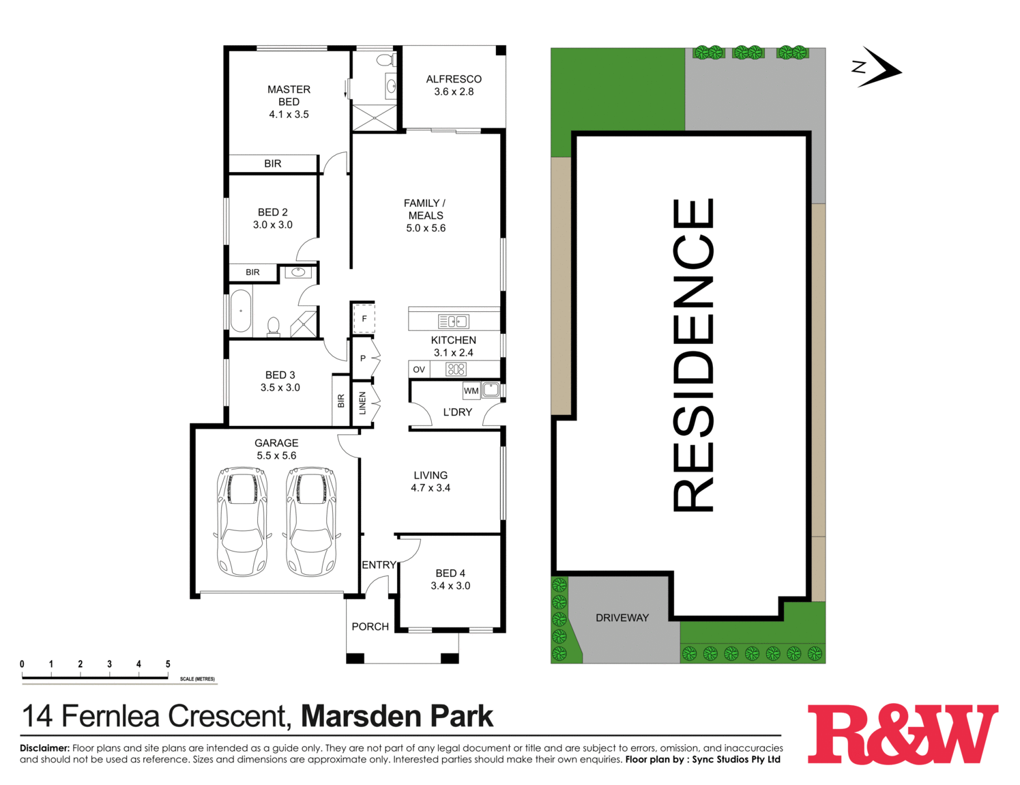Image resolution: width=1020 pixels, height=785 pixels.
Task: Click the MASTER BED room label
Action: click(289, 102)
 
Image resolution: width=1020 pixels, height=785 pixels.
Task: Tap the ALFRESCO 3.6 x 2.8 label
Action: click(454, 85)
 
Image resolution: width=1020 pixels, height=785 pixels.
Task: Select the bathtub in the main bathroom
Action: click(240, 311)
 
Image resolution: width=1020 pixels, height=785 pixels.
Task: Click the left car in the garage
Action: click(242, 521)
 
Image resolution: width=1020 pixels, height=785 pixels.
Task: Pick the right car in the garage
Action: click(311, 521)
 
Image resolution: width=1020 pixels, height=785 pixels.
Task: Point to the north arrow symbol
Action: click(879, 68)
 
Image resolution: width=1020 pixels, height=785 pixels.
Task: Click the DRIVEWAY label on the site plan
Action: click(622, 618)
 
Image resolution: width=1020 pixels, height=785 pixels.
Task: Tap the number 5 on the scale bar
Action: click(168, 664)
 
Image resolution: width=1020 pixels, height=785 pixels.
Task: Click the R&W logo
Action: click(902, 734)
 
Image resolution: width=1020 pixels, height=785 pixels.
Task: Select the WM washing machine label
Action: click(471, 391)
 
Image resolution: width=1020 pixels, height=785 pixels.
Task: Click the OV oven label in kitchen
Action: click(419, 369)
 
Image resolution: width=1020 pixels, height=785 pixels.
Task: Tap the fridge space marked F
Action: click(364, 319)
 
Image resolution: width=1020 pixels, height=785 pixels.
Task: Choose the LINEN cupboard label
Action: click(363, 403)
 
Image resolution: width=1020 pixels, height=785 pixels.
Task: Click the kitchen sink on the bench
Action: click(453, 322)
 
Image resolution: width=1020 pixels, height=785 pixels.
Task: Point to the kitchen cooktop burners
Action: click(456, 369)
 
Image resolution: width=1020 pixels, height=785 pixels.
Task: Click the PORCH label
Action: click(370, 627)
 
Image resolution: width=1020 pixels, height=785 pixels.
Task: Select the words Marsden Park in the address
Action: click(397, 716)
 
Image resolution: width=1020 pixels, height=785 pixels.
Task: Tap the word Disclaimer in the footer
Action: click(44, 748)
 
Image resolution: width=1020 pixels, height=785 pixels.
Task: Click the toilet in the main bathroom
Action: click(274, 326)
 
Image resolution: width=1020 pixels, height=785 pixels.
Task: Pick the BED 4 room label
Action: click(450, 580)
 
